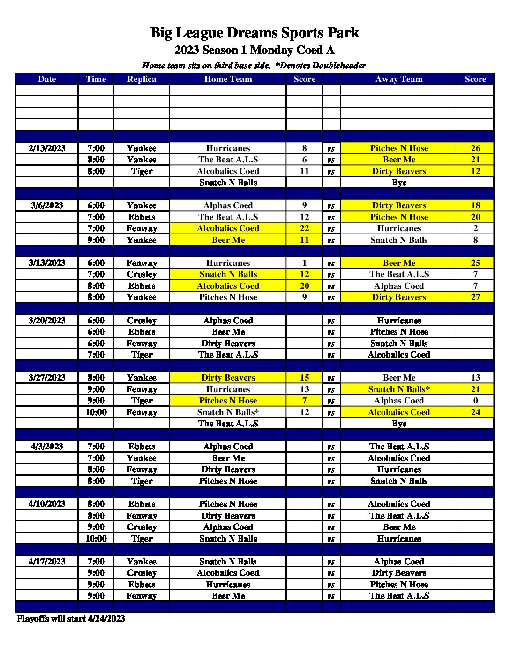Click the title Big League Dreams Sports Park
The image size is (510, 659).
point(255,33)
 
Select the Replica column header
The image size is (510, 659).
point(142,79)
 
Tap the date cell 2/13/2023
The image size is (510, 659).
point(47,148)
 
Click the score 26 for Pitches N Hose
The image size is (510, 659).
point(475,148)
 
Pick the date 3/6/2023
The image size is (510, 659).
point(47,205)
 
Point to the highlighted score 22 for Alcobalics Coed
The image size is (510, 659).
point(304,228)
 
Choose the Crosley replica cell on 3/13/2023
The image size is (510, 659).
point(142,274)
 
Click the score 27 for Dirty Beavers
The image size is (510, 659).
point(475,297)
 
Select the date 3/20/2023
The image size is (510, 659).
point(47,321)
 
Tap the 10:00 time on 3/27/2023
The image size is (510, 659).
point(96,412)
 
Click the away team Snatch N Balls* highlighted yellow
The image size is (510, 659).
point(399,389)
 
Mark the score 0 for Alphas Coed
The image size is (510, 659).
point(475,401)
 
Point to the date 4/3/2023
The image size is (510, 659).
point(47,447)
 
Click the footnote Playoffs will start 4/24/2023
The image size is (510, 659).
point(71,619)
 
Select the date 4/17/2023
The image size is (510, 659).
point(47,562)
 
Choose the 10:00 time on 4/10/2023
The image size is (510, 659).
point(96,539)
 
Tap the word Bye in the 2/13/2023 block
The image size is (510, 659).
point(399,183)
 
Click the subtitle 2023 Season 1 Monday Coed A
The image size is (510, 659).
point(255,50)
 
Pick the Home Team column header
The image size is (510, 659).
point(228,79)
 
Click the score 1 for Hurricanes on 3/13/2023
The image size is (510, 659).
point(304,263)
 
